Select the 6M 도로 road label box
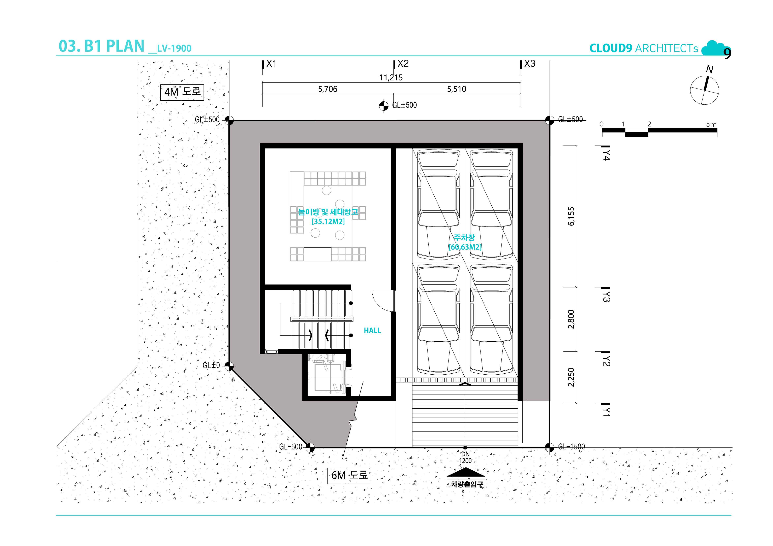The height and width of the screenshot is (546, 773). (349, 476)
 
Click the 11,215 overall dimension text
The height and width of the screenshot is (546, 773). (391, 78)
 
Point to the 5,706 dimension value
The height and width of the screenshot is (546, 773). (328, 89)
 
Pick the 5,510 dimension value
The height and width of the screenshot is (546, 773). (457, 89)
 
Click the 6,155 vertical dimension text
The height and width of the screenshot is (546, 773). (571, 216)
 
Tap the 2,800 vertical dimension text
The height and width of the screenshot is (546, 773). (571, 319)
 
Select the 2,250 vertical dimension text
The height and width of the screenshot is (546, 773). (571, 377)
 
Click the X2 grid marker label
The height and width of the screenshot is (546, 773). (403, 64)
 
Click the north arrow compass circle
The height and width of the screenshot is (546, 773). (704, 90)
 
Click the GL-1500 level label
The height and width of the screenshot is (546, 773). (571, 447)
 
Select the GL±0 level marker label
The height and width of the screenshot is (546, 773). (211, 365)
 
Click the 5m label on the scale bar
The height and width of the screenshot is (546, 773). (711, 124)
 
